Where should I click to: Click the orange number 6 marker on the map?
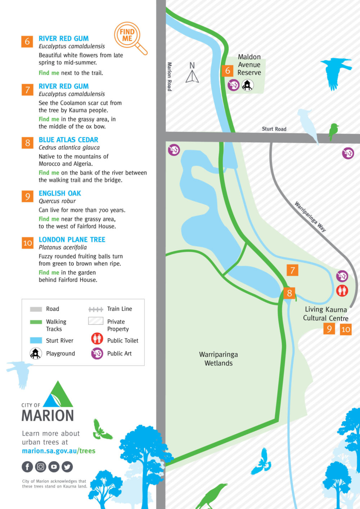click(x=228, y=71)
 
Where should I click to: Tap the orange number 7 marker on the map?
click(x=292, y=270)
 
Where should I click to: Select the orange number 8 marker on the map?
click(x=289, y=293)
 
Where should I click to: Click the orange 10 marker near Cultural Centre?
click(x=346, y=329)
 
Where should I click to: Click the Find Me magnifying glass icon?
click(x=130, y=37)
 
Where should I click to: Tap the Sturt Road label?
click(x=274, y=129)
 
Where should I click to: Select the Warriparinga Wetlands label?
click(x=219, y=359)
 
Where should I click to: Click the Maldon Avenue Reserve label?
click(x=249, y=65)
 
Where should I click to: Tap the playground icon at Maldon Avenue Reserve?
click(x=247, y=85)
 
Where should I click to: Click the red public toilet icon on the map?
click(x=342, y=290)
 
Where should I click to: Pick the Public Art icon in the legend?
click(x=97, y=353)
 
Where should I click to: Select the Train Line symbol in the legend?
click(x=96, y=309)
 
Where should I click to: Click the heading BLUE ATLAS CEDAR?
click(x=68, y=140)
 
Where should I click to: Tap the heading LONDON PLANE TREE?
click(x=72, y=239)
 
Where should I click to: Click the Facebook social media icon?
click(x=27, y=467)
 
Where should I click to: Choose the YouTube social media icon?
click(x=54, y=467)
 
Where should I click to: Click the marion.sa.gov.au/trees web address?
click(x=59, y=451)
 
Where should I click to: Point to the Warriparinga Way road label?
click(x=310, y=217)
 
